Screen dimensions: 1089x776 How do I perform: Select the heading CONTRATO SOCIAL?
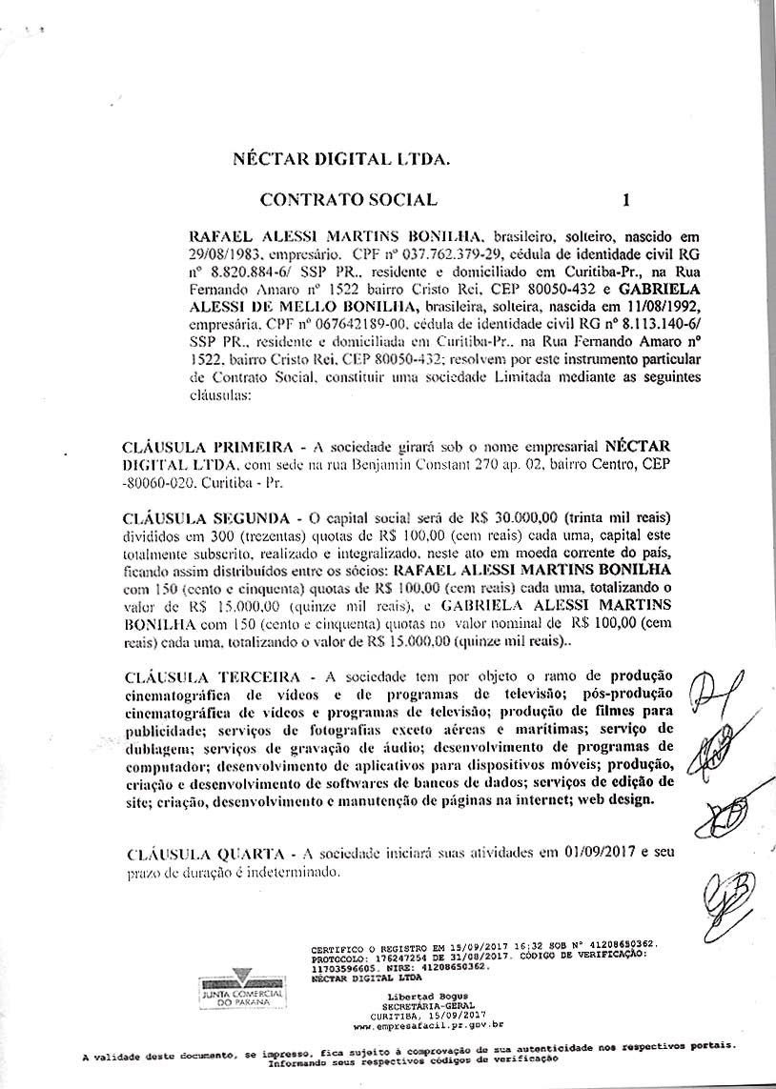(348, 200)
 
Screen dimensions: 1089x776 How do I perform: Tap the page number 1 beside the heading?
(625, 200)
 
